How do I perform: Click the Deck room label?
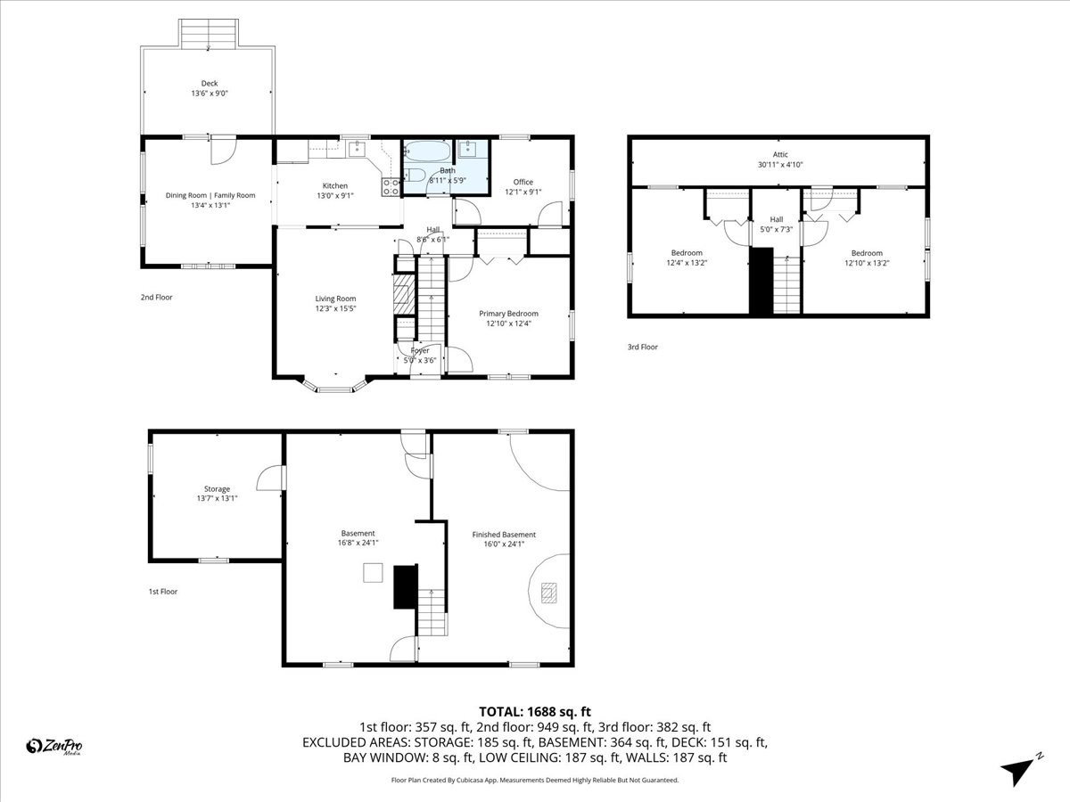(209, 84)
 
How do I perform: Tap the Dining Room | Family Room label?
(210, 195)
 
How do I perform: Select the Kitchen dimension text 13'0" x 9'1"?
(335, 196)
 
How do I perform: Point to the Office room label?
(523, 182)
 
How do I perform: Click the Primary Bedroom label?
(508, 314)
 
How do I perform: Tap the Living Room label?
(335, 299)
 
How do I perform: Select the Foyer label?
(420, 351)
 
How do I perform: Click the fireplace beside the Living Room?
(404, 293)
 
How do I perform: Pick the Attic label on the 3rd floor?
(779, 155)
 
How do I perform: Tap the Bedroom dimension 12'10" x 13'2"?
(866, 263)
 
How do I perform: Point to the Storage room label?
(217, 488)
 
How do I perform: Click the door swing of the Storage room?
(270, 479)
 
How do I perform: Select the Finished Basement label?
(504, 535)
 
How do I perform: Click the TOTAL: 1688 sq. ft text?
(535, 711)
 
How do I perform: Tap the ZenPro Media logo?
(54, 747)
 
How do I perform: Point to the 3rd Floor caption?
(642, 347)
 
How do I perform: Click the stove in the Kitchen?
(391, 187)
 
